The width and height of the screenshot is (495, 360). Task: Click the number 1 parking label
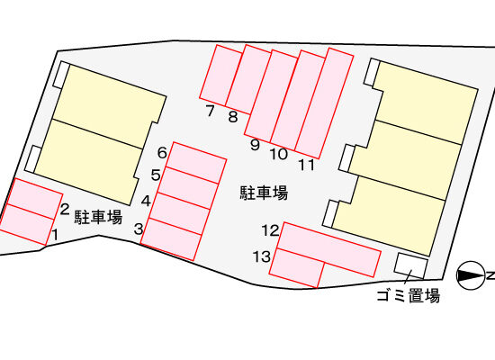tap(55, 235)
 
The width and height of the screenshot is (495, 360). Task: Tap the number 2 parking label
tap(65, 210)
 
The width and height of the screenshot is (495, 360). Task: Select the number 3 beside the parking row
tap(139, 229)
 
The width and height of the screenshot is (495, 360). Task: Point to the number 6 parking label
tap(162, 153)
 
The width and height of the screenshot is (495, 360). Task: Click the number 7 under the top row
tap(211, 111)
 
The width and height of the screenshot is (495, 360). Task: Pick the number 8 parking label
tap(233, 117)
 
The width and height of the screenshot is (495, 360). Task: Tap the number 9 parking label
tap(255, 145)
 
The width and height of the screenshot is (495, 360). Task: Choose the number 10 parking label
tap(279, 155)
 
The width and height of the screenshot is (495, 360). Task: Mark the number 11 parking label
tap(307, 165)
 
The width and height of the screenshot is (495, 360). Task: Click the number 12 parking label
tap(271, 230)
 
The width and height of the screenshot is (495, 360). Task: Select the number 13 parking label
tap(262, 256)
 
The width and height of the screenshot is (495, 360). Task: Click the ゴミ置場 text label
tap(409, 296)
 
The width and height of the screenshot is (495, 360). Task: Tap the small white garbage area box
tap(411, 265)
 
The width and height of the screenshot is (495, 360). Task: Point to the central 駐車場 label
tap(264, 193)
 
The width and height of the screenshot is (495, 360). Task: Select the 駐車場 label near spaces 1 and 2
tap(98, 217)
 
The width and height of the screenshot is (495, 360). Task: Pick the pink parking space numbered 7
tap(221, 76)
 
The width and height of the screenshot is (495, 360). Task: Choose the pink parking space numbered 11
tap(324, 103)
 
